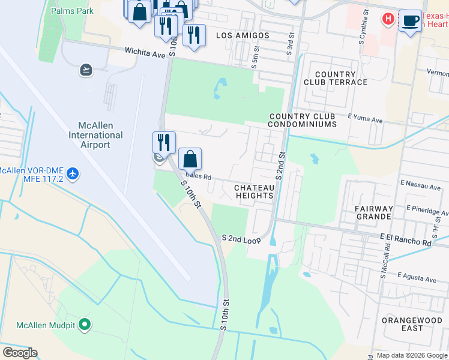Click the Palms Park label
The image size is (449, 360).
click(x=72, y=11)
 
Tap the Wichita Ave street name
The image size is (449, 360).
click(x=145, y=53)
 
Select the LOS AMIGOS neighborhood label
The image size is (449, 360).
click(x=243, y=35)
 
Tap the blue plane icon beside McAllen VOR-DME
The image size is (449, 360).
click(x=73, y=173)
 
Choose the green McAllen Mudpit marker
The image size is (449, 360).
click(x=85, y=325)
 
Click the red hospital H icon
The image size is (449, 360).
click(x=388, y=19)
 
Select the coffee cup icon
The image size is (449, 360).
click(x=410, y=20)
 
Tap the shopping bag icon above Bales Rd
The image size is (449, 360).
click(x=190, y=160)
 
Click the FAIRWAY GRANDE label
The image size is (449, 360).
click(x=374, y=213)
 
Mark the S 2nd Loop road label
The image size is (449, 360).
click(x=241, y=239)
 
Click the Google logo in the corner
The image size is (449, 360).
click(x=20, y=353)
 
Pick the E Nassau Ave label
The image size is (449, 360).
click(x=420, y=187)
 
